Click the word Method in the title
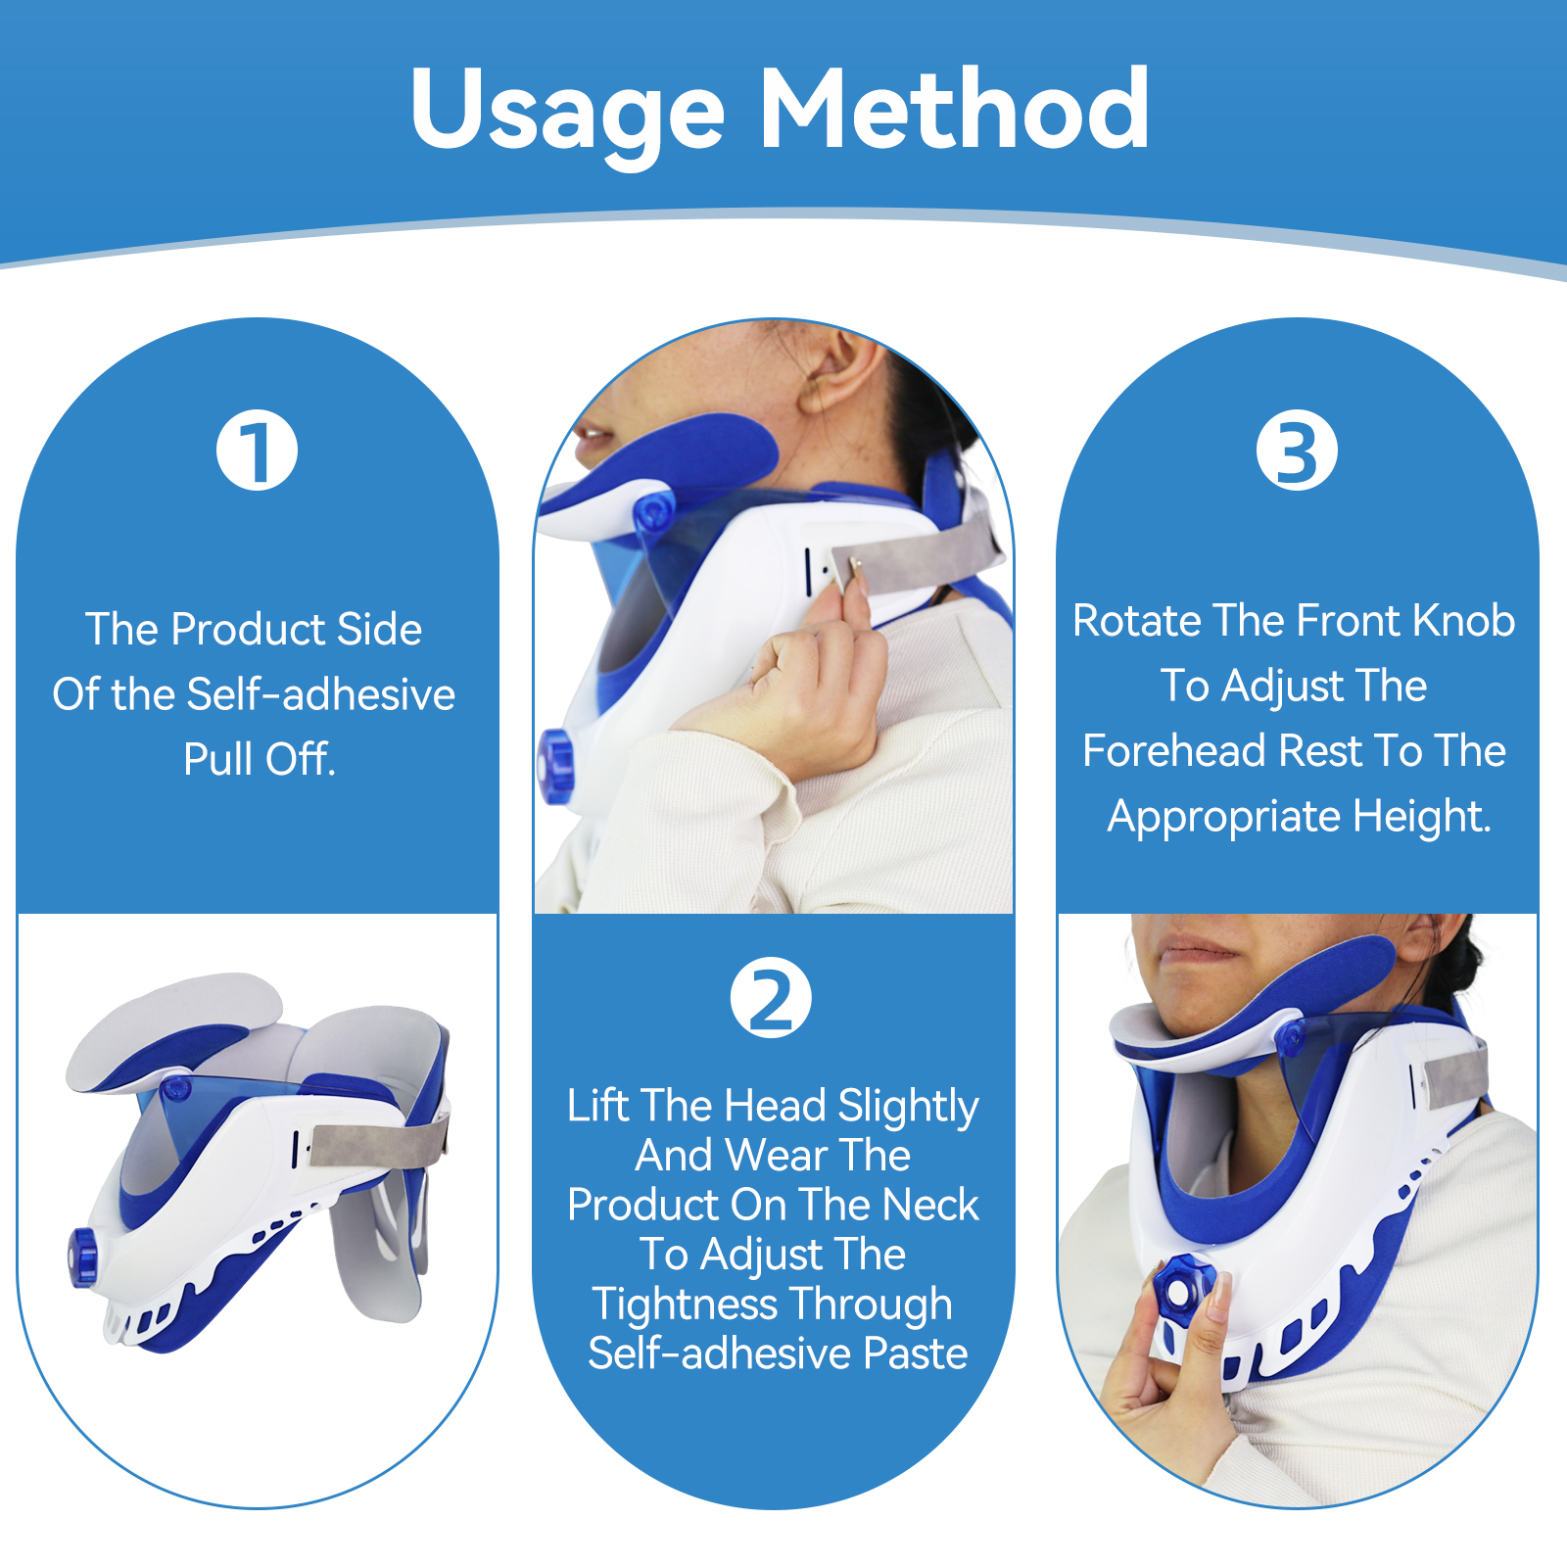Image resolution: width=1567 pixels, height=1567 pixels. click(x=955, y=109)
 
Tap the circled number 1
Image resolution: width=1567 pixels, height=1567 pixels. click(x=257, y=451)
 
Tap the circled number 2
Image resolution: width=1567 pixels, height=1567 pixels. click(x=771, y=998)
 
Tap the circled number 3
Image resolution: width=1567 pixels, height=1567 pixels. click(x=1297, y=451)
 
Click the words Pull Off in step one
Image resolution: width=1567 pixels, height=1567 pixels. click(x=260, y=759)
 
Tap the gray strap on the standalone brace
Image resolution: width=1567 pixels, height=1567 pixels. click(x=378, y=1141)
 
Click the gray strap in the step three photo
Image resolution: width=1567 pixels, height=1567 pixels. click(x=1456, y=1079)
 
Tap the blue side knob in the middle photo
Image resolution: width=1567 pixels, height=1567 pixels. click(x=556, y=766)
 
